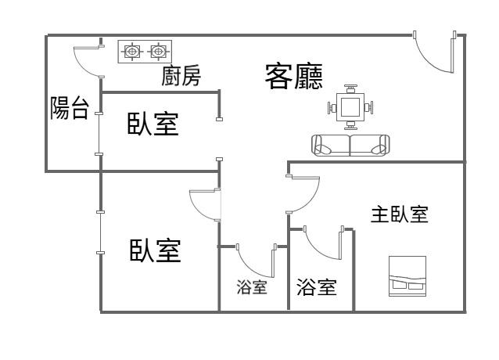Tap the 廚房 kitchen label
click(181, 77)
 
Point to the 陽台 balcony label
click(69, 108)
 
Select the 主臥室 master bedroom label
click(399, 214)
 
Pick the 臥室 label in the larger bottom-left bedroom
click(155, 250)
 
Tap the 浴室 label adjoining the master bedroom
click(317, 287)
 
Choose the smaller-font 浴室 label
click(252, 287)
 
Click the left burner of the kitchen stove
click(132, 52)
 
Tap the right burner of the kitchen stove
click(159, 52)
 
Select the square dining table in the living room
click(350, 106)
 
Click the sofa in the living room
click(350, 145)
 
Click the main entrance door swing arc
click(433, 56)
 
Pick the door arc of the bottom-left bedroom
click(203, 207)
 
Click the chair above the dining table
click(350, 86)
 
